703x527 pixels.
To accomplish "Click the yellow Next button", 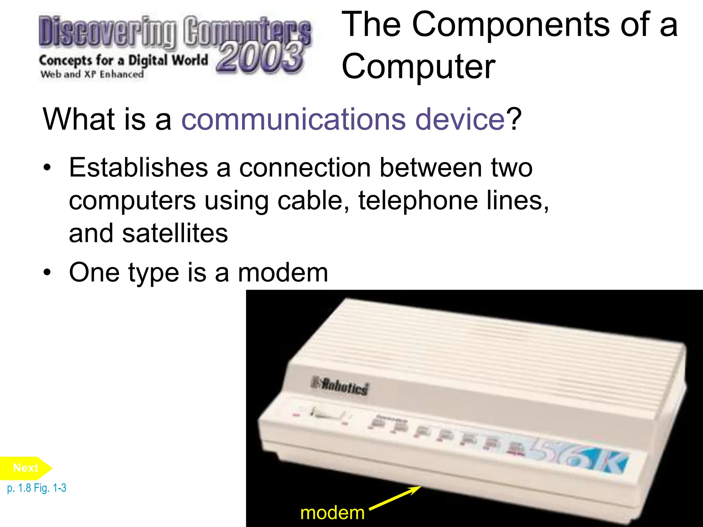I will (26, 468).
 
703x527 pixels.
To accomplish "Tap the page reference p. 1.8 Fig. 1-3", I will (37, 488).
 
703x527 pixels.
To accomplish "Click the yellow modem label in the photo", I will (332, 513).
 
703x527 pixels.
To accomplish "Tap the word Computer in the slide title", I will (418, 66).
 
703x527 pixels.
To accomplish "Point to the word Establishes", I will (139, 168).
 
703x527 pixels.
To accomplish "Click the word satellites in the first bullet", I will (175, 233).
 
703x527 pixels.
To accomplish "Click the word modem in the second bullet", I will (283, 273).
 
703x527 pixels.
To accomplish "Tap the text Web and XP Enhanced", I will (92, 74).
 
